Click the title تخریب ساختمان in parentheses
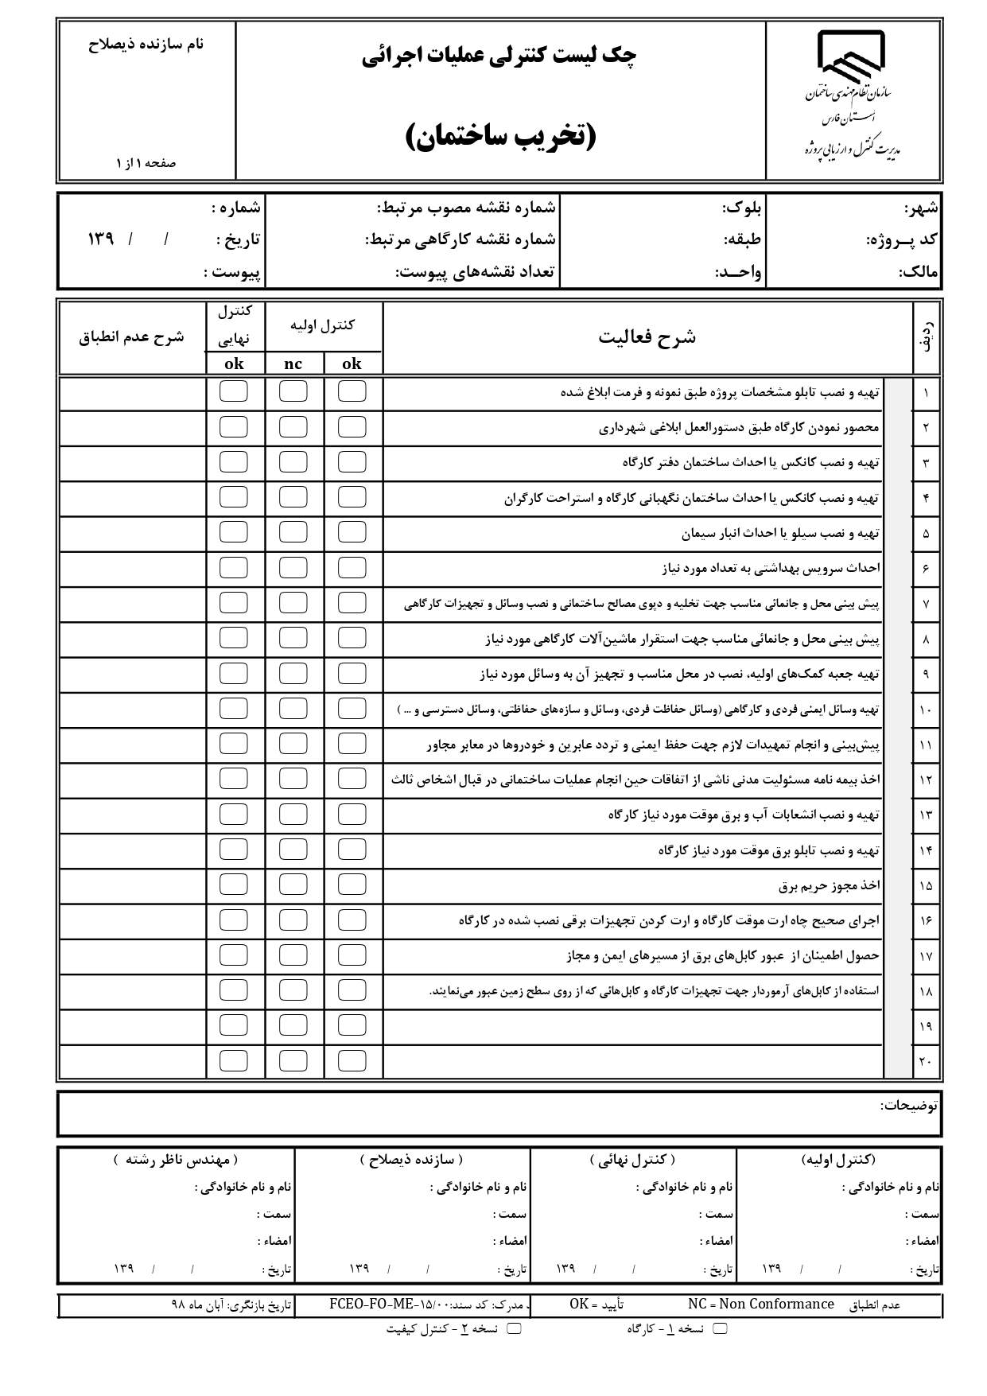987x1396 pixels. pos(501,136)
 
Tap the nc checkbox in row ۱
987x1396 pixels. pos(293,391)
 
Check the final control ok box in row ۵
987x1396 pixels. pos(233,532)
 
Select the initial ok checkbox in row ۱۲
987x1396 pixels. pos(352,779)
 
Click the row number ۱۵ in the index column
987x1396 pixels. pos(925,885)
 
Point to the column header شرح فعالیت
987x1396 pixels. pos(647,336)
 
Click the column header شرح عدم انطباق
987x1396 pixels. pos(131,336)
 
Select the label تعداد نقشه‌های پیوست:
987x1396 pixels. pos(476,272)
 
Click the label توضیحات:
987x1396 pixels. pos(909,1105)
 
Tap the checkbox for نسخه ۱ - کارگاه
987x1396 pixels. pos(720,1328)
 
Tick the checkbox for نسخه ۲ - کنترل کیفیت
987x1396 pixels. pos(514,1328)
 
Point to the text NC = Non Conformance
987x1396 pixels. pos(760,1304)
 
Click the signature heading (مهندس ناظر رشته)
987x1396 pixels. pos(176,1161)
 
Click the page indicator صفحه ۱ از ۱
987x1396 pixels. pos(146,163)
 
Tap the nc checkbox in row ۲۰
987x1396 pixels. pos(293,1060)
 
